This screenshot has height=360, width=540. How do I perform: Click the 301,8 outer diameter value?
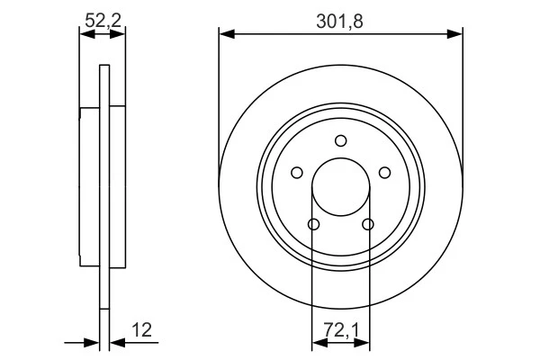coord(341,19)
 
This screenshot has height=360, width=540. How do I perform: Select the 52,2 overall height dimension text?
coord(102,19)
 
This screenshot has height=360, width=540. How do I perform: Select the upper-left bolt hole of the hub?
coord(298,173)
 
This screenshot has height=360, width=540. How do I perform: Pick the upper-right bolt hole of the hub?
coord(384,173)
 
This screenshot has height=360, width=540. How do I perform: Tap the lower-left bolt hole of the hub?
coord(314,224)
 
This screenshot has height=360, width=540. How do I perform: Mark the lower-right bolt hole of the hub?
coord(368,224)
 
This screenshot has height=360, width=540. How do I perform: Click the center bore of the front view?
coord(341,187)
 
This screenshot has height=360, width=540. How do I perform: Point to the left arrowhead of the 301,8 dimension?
coord(226,35)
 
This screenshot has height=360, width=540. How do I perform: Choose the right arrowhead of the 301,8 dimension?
coord(456,35)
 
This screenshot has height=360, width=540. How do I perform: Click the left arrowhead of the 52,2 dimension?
coord(85,35)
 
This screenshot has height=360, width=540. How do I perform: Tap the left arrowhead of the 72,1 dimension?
coord(317,342)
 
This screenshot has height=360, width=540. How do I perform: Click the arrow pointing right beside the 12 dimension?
coord(92,342)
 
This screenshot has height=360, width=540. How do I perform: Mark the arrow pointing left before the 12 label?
coord(117,342)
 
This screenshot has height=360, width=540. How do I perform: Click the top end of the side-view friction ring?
coord(104,68)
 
